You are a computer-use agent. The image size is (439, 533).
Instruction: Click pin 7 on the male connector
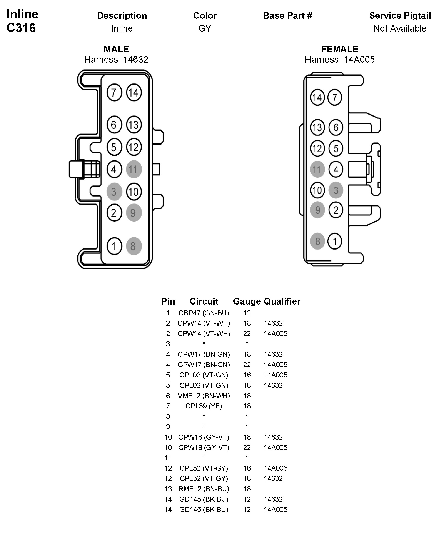pos(114,93)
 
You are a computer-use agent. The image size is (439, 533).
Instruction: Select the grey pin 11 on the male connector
pos(134,169)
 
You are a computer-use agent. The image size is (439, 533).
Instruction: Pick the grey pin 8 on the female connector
pos(317,241)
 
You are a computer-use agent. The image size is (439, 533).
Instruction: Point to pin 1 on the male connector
pos(114,246)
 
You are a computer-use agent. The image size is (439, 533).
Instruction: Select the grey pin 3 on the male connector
pos(114,192)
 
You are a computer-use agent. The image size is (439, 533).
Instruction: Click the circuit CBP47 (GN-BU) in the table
pos(204,313)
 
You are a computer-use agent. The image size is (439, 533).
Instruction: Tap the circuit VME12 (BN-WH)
pos(204,396)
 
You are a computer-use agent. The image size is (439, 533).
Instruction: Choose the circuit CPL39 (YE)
pos(204,406)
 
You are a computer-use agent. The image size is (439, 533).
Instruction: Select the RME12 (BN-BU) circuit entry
pos(204,489)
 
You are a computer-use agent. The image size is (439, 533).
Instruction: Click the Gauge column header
pos(247,301)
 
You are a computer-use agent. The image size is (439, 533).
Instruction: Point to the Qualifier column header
pos(282,301)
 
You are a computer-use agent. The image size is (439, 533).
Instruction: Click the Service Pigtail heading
pos(400,16)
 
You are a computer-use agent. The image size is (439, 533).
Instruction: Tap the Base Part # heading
pos(287,16)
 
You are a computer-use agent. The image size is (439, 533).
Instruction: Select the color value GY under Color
pos(205,28)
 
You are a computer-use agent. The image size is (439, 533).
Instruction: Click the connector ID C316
pos(21,28)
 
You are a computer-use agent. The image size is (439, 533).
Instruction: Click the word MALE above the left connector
pos(116,49)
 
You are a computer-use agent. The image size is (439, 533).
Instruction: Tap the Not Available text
pos(400,28)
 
